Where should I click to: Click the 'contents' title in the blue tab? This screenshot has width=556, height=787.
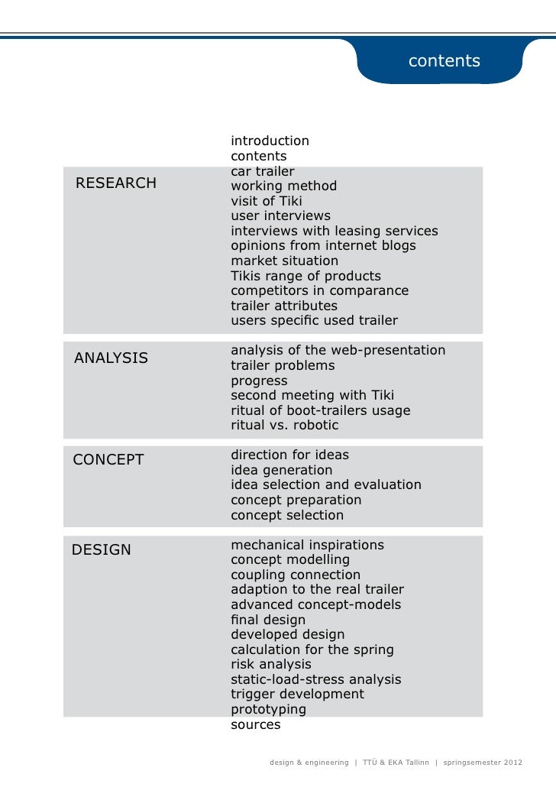coord(444,61)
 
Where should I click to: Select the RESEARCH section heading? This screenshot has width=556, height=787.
coord(116,183)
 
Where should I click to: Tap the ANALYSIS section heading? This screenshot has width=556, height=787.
coord(111,358)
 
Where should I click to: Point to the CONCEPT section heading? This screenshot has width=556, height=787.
coord(108,459)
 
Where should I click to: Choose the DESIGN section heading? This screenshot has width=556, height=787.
coord(101,549)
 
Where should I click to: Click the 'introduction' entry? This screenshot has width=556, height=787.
coord(270,141)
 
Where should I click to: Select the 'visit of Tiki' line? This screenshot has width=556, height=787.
coord(267,201)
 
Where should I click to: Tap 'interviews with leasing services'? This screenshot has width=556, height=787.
coord(335,231)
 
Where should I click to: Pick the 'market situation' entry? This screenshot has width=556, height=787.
coord(284,261)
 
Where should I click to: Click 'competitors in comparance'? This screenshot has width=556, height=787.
coord(319,290)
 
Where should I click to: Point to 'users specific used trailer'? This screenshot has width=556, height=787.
coord(314,320)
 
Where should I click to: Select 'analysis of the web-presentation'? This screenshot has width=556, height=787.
coord(338,350)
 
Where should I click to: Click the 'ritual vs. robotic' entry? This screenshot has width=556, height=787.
coord(284,425)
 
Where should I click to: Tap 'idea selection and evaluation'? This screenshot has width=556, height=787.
coord(325,484)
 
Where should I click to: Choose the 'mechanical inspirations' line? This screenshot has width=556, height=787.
coord(307,545)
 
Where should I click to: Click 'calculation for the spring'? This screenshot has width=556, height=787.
coord(312,649)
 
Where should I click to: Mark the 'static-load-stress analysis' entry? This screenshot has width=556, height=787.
coord(315,679)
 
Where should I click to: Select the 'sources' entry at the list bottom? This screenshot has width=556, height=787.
coord(255,724)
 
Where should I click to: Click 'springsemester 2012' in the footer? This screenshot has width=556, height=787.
coord(483,763)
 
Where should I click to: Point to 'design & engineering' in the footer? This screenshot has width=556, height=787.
coord(309,763)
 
